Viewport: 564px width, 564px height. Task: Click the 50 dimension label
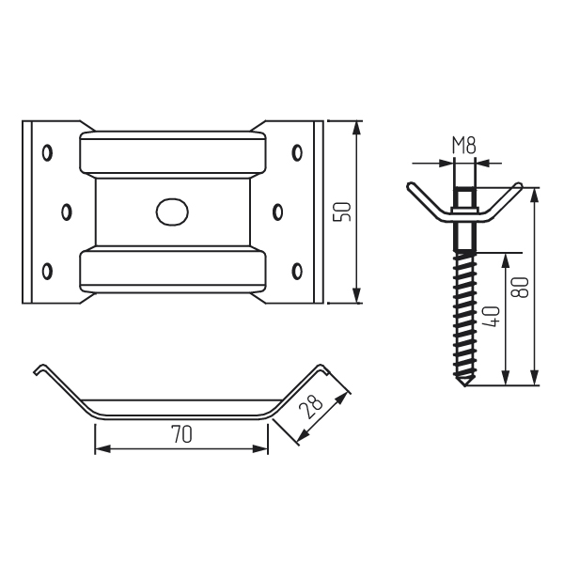[342, 211]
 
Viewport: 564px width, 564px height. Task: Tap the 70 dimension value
[181, 434]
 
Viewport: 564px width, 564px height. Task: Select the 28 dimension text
[310, 406]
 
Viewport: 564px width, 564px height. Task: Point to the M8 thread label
[464, 146]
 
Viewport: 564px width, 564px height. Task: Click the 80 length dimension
[521, 287]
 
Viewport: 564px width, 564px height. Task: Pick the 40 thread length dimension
[491, 316]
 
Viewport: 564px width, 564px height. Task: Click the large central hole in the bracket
[172, 211]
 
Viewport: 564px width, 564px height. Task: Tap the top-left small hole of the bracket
[47, 153]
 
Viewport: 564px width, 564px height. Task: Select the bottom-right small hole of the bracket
[297, 271]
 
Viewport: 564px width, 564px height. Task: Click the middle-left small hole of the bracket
[67, 211]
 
